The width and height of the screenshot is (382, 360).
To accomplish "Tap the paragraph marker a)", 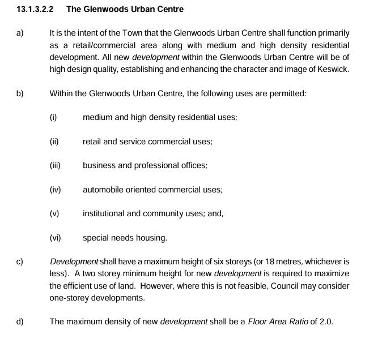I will (20, 33).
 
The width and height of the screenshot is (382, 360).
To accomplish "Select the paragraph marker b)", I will (20, 93).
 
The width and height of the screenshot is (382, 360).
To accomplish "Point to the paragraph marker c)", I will (20, 262).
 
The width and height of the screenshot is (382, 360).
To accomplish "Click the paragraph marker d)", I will (20, 322).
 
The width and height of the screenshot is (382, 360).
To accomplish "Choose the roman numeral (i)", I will (53, 117).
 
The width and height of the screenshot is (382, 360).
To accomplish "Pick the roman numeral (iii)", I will (55, 166).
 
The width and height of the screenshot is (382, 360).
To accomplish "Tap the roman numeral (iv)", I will (55, 190).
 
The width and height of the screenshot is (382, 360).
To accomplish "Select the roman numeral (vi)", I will (55, 238).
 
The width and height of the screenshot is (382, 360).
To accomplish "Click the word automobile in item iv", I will (103, 190).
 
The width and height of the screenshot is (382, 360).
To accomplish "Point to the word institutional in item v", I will (103, 214).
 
